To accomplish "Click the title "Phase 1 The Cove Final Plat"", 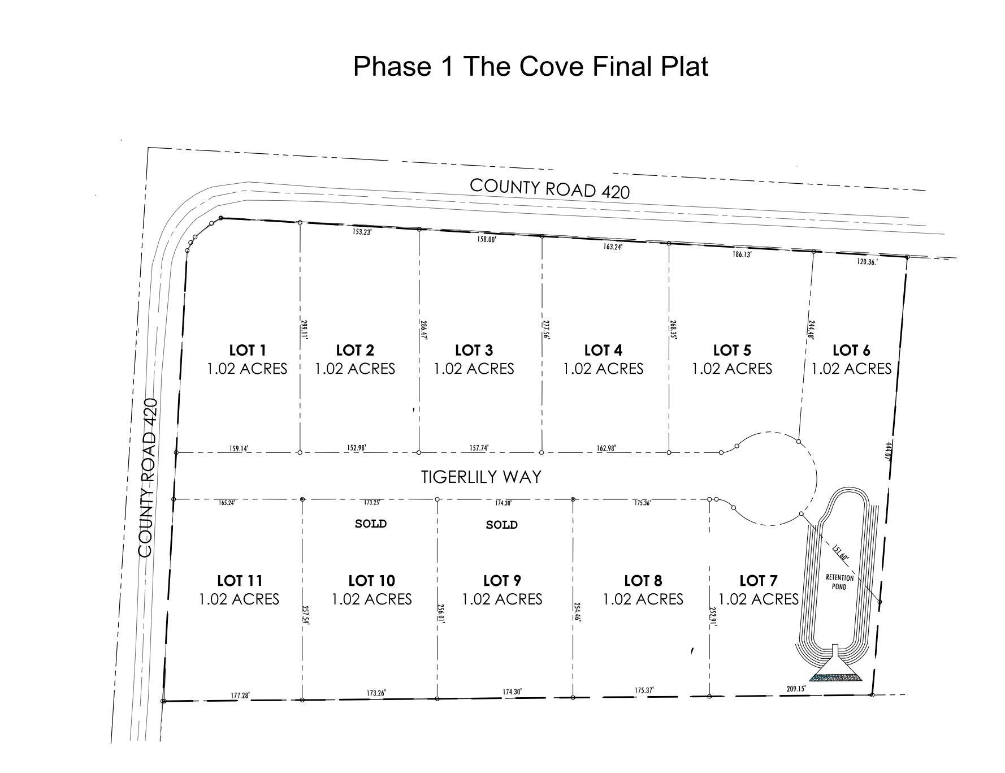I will click(530, 66).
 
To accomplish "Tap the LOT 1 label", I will click(247, 350).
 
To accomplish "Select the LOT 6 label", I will click(851, 350).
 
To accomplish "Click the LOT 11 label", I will click(239, 580).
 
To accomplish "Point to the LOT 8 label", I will click(643, 580).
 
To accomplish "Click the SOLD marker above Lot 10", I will click(371, 524).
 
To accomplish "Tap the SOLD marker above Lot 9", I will click(501, 525).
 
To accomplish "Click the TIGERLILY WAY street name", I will click(481, 477).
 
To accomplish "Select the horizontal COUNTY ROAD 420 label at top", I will click(549, 188).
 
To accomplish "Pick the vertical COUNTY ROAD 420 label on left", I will click(148, 477).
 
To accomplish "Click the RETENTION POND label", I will click(839, 582).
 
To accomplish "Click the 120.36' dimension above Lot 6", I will click(866, 262).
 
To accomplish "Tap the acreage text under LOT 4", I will click(603, 369).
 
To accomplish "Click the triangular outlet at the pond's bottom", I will click(835, 670).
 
